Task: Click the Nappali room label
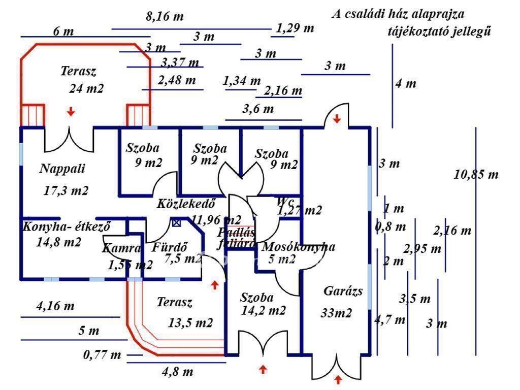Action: (62, 169)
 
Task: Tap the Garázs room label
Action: (343, 291)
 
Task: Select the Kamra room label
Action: (121, 248)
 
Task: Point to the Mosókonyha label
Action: (298, 247)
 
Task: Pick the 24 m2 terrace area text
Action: (86, 88)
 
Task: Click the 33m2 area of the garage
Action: (336, 313)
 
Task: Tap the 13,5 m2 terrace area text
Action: (190, 322)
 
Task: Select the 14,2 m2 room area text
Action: (263, 310)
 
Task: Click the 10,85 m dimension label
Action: (476, 175)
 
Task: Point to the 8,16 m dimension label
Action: (165, 16)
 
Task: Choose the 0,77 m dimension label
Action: (102, 354)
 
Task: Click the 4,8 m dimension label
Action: (178, 372)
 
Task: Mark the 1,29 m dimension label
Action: (295, 27)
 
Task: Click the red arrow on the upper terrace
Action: (71, 111)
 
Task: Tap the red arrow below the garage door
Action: (338, 380)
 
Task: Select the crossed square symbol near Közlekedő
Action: (176, 222)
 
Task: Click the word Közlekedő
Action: (186, 204)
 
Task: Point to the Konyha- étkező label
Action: (66, 226)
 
